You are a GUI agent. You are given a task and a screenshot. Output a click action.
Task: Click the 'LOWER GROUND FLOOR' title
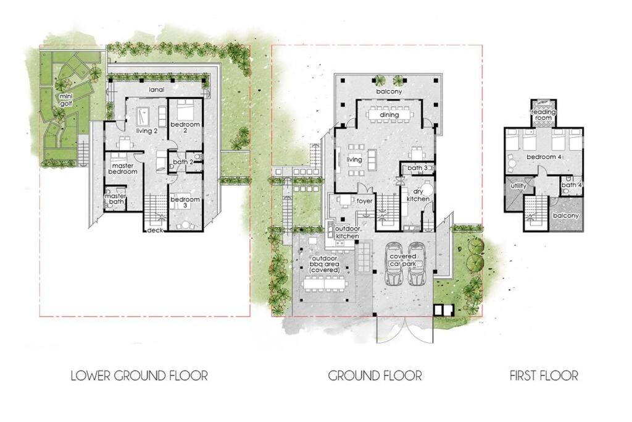pyautogui.click(x=139, y=376)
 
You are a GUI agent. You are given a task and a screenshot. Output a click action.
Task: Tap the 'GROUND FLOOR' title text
pyautogui.click(x=375, y=376)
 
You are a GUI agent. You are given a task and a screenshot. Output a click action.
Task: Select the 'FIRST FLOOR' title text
pyautogui.click(x=544, y=376)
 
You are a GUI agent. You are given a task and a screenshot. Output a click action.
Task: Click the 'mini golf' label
pyautogui.click(x=65, y=100)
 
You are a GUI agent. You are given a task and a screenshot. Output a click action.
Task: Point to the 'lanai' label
pyautogui.click(x=156, y=90)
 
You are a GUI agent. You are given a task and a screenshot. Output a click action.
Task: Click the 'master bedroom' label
pyautogui.click(x=123, y=169)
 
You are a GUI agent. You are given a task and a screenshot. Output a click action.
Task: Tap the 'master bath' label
pyautogui.click(x=115, y=199)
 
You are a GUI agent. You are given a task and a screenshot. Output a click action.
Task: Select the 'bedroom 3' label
pyautogui.click(x=185, y=202)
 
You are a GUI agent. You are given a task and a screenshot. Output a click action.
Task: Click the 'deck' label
pyautogui.click(x=155, y=230)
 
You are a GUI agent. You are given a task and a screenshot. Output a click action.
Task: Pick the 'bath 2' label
pyautogui.click(x=183, y=162)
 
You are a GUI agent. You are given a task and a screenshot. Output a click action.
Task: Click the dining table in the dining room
pyautogui.click(x=389, y=114)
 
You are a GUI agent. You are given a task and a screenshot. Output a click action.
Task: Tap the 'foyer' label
pyautogui.click(x=365, y=201)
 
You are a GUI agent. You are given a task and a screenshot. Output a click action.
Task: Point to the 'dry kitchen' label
pyautogui.click(x=418, y=196)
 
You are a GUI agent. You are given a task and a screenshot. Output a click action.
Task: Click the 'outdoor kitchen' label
pyautogui.click(x=347, y=232)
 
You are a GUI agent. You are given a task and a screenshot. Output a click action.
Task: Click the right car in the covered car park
pyautogui.click(x=417, y=264)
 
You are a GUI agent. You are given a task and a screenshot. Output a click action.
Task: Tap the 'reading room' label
pyautogui.click(x=543, y=115)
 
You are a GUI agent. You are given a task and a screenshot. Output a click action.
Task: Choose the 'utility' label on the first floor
pyautogui.click(x=518, y=186)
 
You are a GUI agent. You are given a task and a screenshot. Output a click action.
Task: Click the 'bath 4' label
pyautogui.click(x=572, y=185)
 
